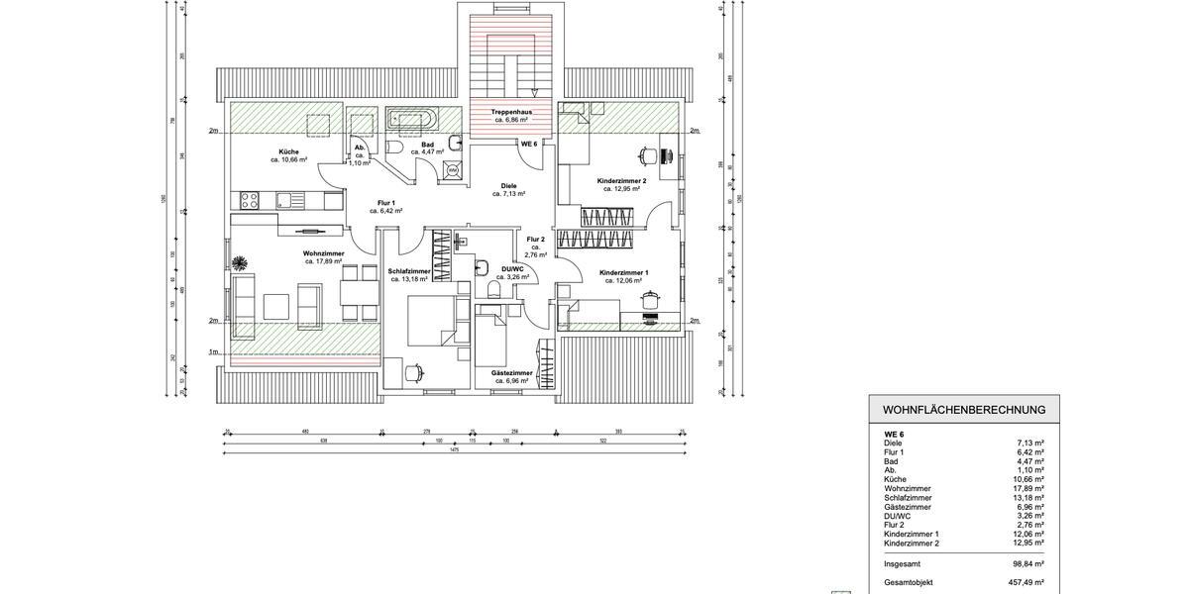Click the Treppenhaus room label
pos(511,112)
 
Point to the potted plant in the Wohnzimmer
pos(240,262)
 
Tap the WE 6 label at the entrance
pos(528,144)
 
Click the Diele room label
pos(509,185)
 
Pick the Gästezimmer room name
pos(512,373)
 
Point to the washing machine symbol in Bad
pos(452,170)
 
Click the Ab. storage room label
pos(361,148)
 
